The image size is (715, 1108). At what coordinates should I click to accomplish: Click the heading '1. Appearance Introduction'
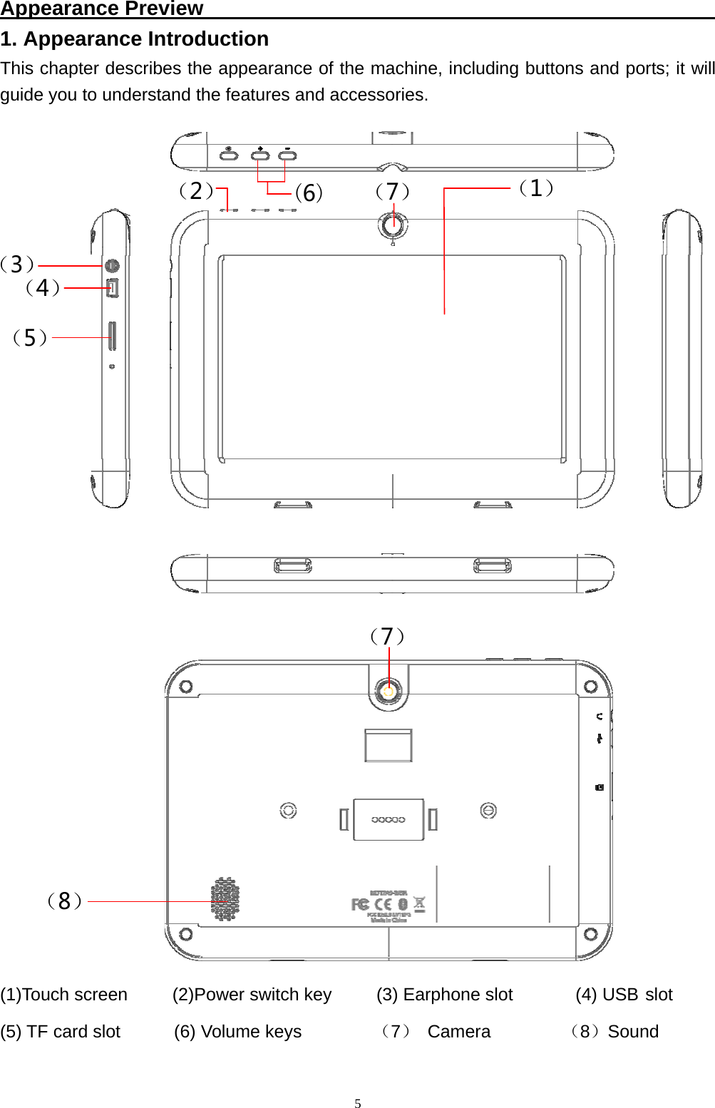tap(135, 39)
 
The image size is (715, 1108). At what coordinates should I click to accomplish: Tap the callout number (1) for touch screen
tap(535, 188)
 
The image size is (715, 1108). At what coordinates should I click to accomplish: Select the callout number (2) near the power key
tap(195, 191)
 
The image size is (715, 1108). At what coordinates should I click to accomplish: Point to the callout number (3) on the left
tap(17, 265)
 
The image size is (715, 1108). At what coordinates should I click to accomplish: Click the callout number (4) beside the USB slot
tap(42, 288)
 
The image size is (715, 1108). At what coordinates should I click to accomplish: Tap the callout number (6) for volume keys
tap(309, 193)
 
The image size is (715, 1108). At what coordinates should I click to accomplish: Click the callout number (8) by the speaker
tap(64, 901)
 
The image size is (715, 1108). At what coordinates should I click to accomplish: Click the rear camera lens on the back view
tap(389, 691)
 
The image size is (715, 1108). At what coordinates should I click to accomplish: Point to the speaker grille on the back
tap(225, 899)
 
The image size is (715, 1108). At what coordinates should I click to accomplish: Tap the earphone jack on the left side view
tap(112, 266)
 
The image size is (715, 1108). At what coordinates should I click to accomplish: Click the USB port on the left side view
tap(113, 288)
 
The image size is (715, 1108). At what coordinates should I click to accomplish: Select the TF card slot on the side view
tap(112, 336)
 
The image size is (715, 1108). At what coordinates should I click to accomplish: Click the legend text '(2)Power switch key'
tap(252, 995)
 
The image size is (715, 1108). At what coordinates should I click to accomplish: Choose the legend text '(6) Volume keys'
tap(237, 1032)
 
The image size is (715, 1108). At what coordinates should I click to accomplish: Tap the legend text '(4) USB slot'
tap(624, 995)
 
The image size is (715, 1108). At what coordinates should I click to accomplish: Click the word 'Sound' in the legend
tap(633, 1032)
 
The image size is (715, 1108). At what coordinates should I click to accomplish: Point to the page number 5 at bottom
tap(358, 1104)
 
